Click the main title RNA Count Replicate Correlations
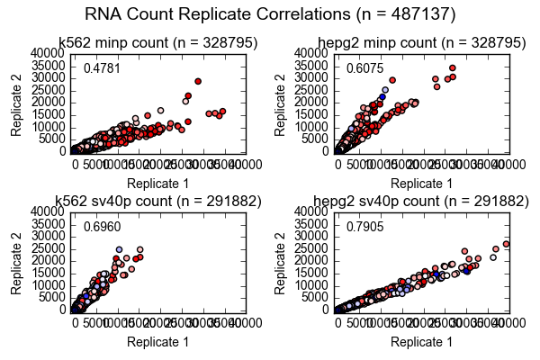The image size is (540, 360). coord(270,14)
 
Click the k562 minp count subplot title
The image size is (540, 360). coord(157,42)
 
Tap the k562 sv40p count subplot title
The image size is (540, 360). coord(157,200)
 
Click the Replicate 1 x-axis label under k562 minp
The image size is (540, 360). coord(157,184)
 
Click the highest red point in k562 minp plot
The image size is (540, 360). coord(198,81)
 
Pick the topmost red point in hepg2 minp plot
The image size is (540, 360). coord(452,67)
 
